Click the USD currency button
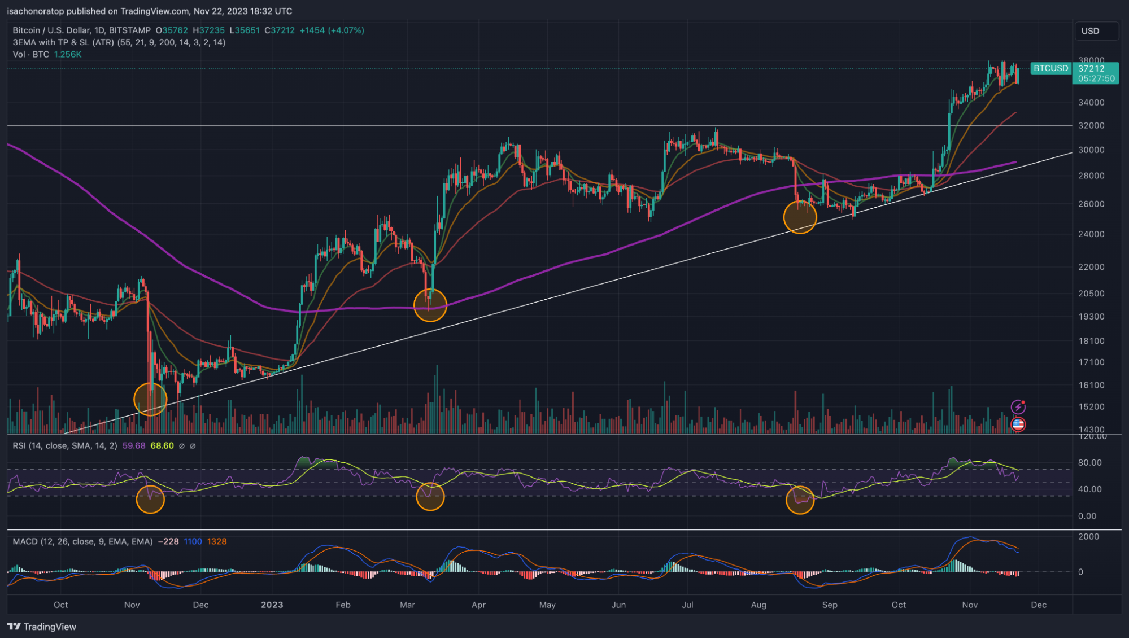[1096, 31]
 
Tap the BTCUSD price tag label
[1050, 68]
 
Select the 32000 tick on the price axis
[1091, 126]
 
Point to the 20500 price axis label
[1091, 294]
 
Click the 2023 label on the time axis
[272, 605]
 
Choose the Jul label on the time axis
[687, 605]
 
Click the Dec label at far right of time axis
[1038, 605]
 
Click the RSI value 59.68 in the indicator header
[134, 446]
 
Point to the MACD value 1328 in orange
[217, 542]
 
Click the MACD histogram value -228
[168, 542]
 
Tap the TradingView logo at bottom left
[41, 627]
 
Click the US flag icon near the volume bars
[1018, 424]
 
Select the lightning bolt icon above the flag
[1018, 407]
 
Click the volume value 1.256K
[68, 55]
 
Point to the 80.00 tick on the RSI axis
[1089, 463]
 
